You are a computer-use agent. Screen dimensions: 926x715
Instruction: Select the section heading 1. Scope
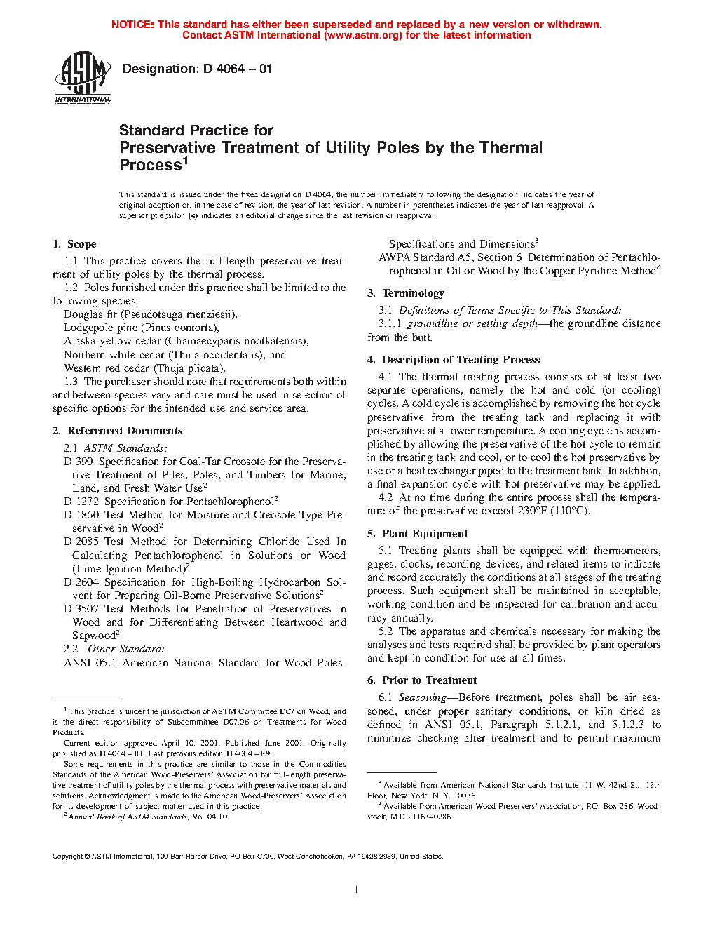click(74, 244)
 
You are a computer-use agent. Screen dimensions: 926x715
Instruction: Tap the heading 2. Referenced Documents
click(118, 431)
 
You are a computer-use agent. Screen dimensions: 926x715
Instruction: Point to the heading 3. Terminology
click(406, 293)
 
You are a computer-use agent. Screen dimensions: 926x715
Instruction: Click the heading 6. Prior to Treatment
click(422, 680)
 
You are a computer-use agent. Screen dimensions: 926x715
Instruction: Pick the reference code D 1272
click(81, 502)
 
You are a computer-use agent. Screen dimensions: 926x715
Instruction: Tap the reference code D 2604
click(81, 582)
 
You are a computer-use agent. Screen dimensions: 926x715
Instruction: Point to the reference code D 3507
click(81, 609)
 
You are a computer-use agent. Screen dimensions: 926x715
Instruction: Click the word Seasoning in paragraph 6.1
click(422, 697)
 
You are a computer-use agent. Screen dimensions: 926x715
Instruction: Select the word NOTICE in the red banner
click(132, 25)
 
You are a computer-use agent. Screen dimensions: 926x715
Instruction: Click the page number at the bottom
click(357, 890)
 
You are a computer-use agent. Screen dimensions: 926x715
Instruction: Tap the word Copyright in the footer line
click(68, 856)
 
